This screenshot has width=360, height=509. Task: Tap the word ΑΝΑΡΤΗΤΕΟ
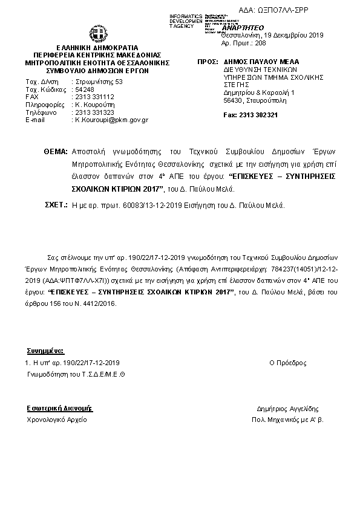(243, 28)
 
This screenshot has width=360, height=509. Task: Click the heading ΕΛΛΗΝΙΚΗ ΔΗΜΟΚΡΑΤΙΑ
(97, 47)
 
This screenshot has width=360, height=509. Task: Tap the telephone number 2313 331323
(94, 112)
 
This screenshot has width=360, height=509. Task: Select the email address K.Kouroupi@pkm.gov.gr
(111, 120)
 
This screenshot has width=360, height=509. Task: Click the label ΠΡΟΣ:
(207, 62)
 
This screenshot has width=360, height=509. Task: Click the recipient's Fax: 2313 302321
(250, 115)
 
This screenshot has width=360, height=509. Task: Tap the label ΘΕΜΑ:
(56, 151)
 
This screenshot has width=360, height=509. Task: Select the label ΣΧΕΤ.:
(56, 206)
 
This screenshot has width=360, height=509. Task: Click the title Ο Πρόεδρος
(287, 363)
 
